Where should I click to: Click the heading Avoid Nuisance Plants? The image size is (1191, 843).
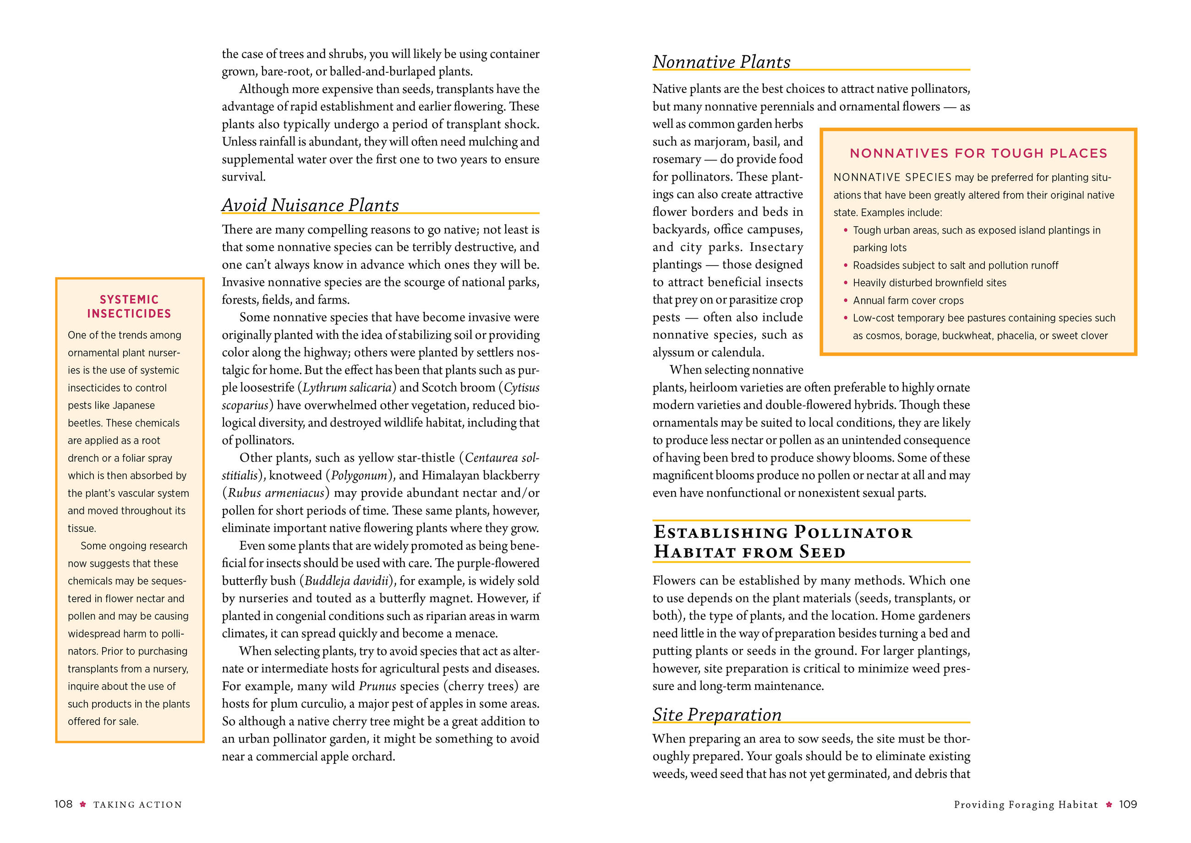[x=310, y=205]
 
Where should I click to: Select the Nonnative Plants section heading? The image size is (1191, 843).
[x=721, y=62]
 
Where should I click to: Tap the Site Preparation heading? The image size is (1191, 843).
[x=716, y=715]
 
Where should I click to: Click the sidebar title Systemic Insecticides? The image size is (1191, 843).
[x=129, y=306]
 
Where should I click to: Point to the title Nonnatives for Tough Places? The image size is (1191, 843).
[x=978, y=153]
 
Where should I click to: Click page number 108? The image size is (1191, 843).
[x=63, y=804]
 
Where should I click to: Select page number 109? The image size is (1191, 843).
[x=1128, y=804]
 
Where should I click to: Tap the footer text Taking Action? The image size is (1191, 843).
[x=137, y=805]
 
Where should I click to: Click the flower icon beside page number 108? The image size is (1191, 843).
[x=82, y=804]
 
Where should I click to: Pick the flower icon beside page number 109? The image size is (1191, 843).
[x=1109, y=804]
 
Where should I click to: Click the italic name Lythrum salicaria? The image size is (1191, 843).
[x=347, y=388]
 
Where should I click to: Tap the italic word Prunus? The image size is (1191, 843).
[x=377, y=686]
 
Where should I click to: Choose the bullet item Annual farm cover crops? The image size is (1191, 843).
[x=908, y=300]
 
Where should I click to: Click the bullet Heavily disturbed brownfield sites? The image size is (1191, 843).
[x=929, y=283]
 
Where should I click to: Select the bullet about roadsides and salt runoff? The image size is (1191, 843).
[x=955, y=265]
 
